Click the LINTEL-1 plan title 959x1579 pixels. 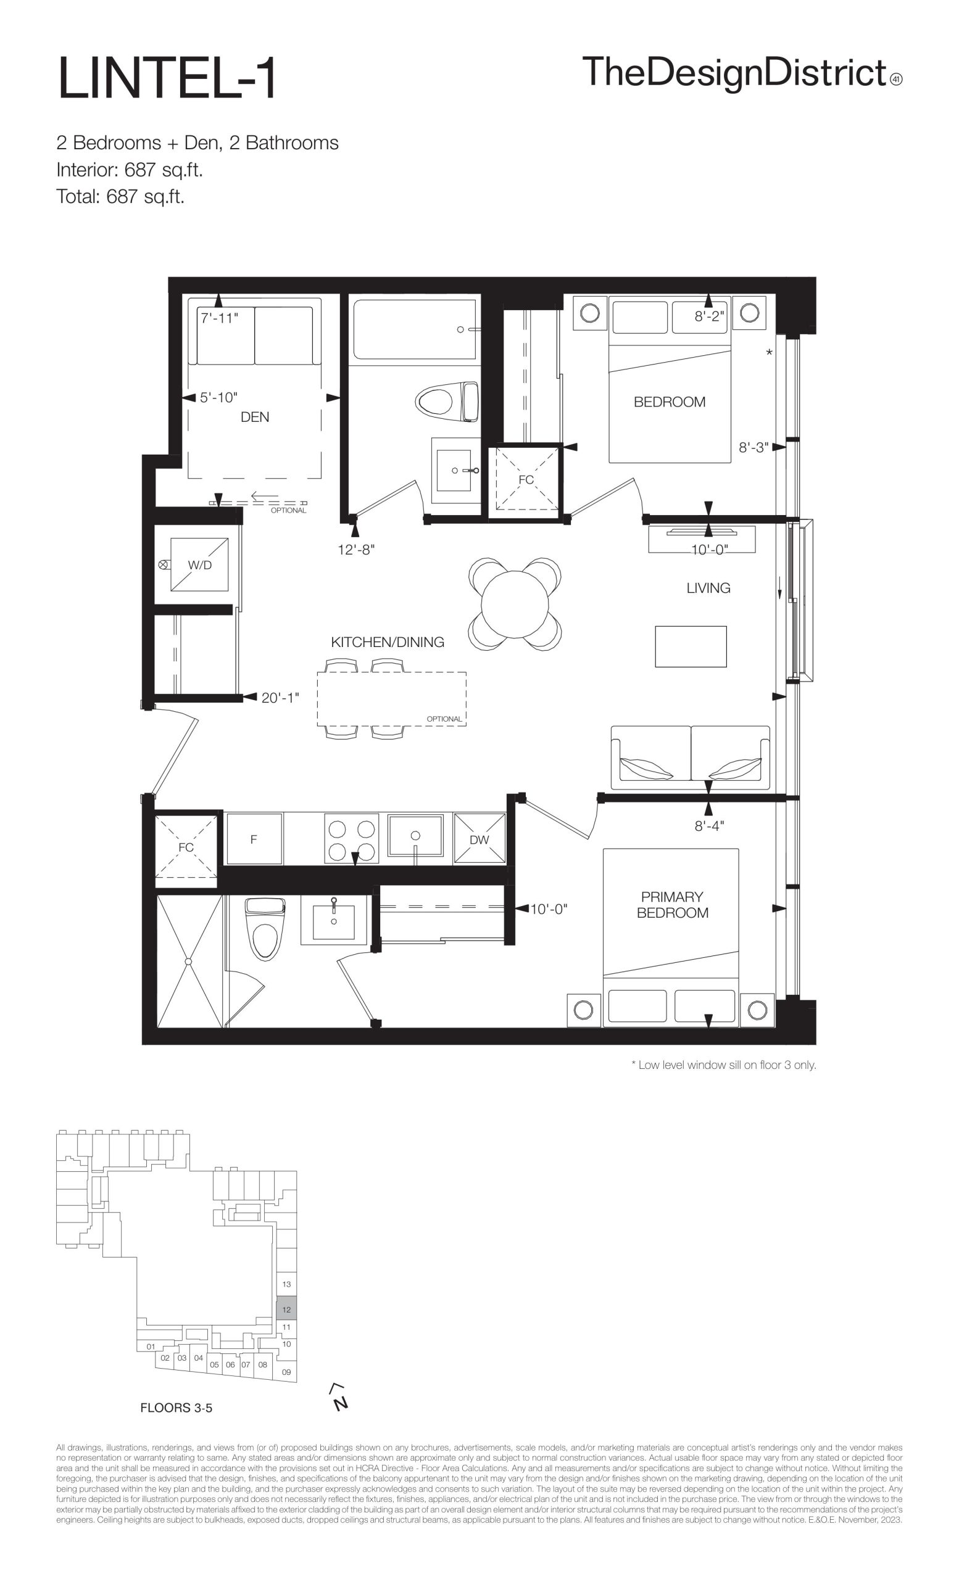167,78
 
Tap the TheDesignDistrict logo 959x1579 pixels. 742,73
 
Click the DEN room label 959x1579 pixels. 254,417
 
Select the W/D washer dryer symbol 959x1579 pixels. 199,564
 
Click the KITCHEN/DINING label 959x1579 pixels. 387,642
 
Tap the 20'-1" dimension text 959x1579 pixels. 280,698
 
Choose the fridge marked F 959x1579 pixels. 254,839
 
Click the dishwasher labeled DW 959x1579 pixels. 479,839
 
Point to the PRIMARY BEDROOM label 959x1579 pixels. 672,905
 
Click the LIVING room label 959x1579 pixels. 708,588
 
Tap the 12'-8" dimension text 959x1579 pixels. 356,550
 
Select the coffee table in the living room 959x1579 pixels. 691,646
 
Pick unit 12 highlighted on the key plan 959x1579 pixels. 286,1310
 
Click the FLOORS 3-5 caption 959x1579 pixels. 176,1408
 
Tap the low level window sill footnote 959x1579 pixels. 724,1066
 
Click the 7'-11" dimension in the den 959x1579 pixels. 220,318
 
